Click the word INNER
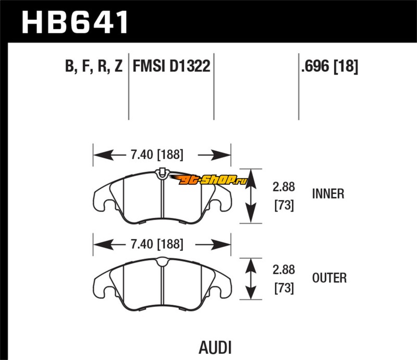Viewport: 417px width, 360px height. point(328,194)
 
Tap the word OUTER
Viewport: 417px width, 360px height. point(328,278)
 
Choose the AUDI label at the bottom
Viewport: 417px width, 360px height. point(215,347)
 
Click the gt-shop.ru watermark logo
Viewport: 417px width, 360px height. point(214,180)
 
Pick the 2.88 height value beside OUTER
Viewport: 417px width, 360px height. point(284,270)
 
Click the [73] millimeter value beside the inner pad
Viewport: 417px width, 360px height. point(284,206)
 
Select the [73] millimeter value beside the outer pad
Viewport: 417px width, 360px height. point(284,288)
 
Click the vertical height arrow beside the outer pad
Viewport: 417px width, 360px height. point(251,279)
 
